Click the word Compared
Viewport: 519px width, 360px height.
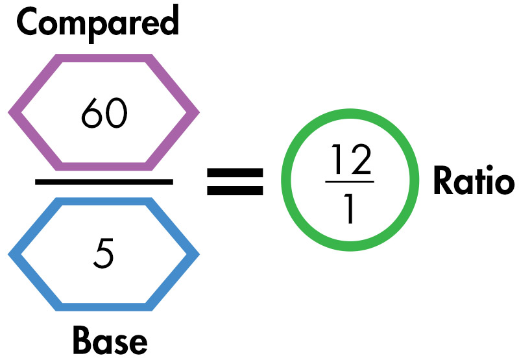pos(98,23)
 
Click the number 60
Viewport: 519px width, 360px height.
pos(104,114)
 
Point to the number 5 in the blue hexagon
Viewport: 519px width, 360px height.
pos(104,254)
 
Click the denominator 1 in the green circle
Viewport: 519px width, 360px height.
pos(350,208)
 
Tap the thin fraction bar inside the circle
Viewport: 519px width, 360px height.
pos(350,183)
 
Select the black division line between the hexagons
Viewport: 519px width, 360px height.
pos(104,182)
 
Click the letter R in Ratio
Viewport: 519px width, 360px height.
pos(442,182)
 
